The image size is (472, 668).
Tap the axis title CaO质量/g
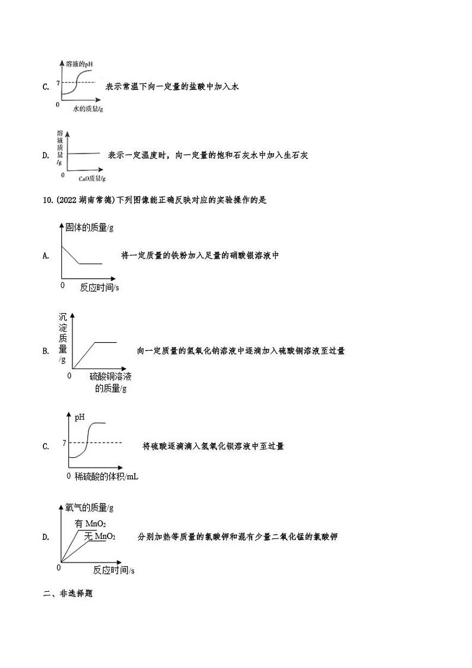(92, 178)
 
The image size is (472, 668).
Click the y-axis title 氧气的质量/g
(89, 508)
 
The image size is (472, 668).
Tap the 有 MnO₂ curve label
(90, 524)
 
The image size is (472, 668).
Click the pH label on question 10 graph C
(80, 417)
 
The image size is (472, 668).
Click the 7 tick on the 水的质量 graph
(58, 82)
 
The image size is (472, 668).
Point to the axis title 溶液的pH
(80, 63)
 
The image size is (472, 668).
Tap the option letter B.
(45, 351)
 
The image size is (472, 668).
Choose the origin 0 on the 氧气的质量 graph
(58, 568)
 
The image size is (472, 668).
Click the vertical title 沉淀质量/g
(63, 338)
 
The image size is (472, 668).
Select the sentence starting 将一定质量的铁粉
(200, 255)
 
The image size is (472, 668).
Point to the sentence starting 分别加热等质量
(237, 537)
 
